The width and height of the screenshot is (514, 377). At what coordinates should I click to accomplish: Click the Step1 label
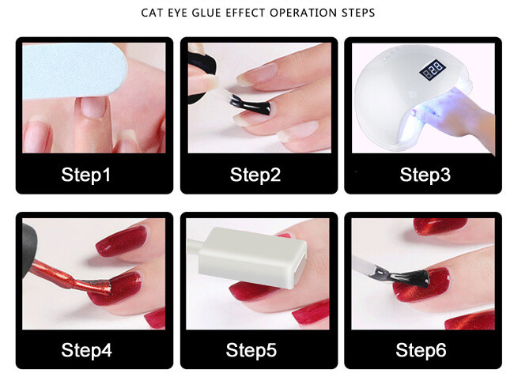pyautogui.click(x=86, y=175)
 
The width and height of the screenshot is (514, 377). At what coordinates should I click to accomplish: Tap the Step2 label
pyautogui.click(x=255, y=175)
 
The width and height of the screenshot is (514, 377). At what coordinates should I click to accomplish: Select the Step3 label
pyautogui.click(x=425, y=175)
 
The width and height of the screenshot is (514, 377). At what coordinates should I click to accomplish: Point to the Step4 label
pyautogui.click(x=86, y=350)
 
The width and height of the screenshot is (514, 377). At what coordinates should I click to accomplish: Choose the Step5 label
pyautogui.click(x=251, y=350)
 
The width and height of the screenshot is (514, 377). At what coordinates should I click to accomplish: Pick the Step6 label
pyautogui.click(x=421, y=350)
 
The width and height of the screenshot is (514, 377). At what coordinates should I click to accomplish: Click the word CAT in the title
pyautogui.click(x=152, y=13)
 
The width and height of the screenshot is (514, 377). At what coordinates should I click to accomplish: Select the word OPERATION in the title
pyautogui.click(x=304, y=13)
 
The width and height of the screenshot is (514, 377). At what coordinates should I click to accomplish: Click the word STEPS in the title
pyautogui.click(x=358, y=13)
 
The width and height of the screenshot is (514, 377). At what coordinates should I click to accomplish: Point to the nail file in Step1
pyautogui.click(x=74, y=71)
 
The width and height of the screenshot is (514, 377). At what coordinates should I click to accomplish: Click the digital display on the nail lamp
pyautogui.click(x=433, y=70)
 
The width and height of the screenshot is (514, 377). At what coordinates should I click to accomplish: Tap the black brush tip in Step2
pyautogui.click(x=251, y=105)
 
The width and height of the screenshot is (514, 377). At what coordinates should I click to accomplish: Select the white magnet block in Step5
pyautogui.click(x=252, y=258)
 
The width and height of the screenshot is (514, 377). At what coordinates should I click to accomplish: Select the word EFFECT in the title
pyautogui.click(x=245, y=13)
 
